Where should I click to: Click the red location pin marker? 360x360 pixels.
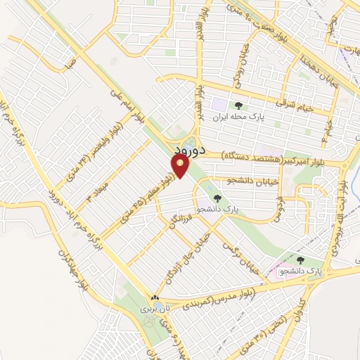coord(181,166)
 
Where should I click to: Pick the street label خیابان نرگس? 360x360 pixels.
coord(241,259)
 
